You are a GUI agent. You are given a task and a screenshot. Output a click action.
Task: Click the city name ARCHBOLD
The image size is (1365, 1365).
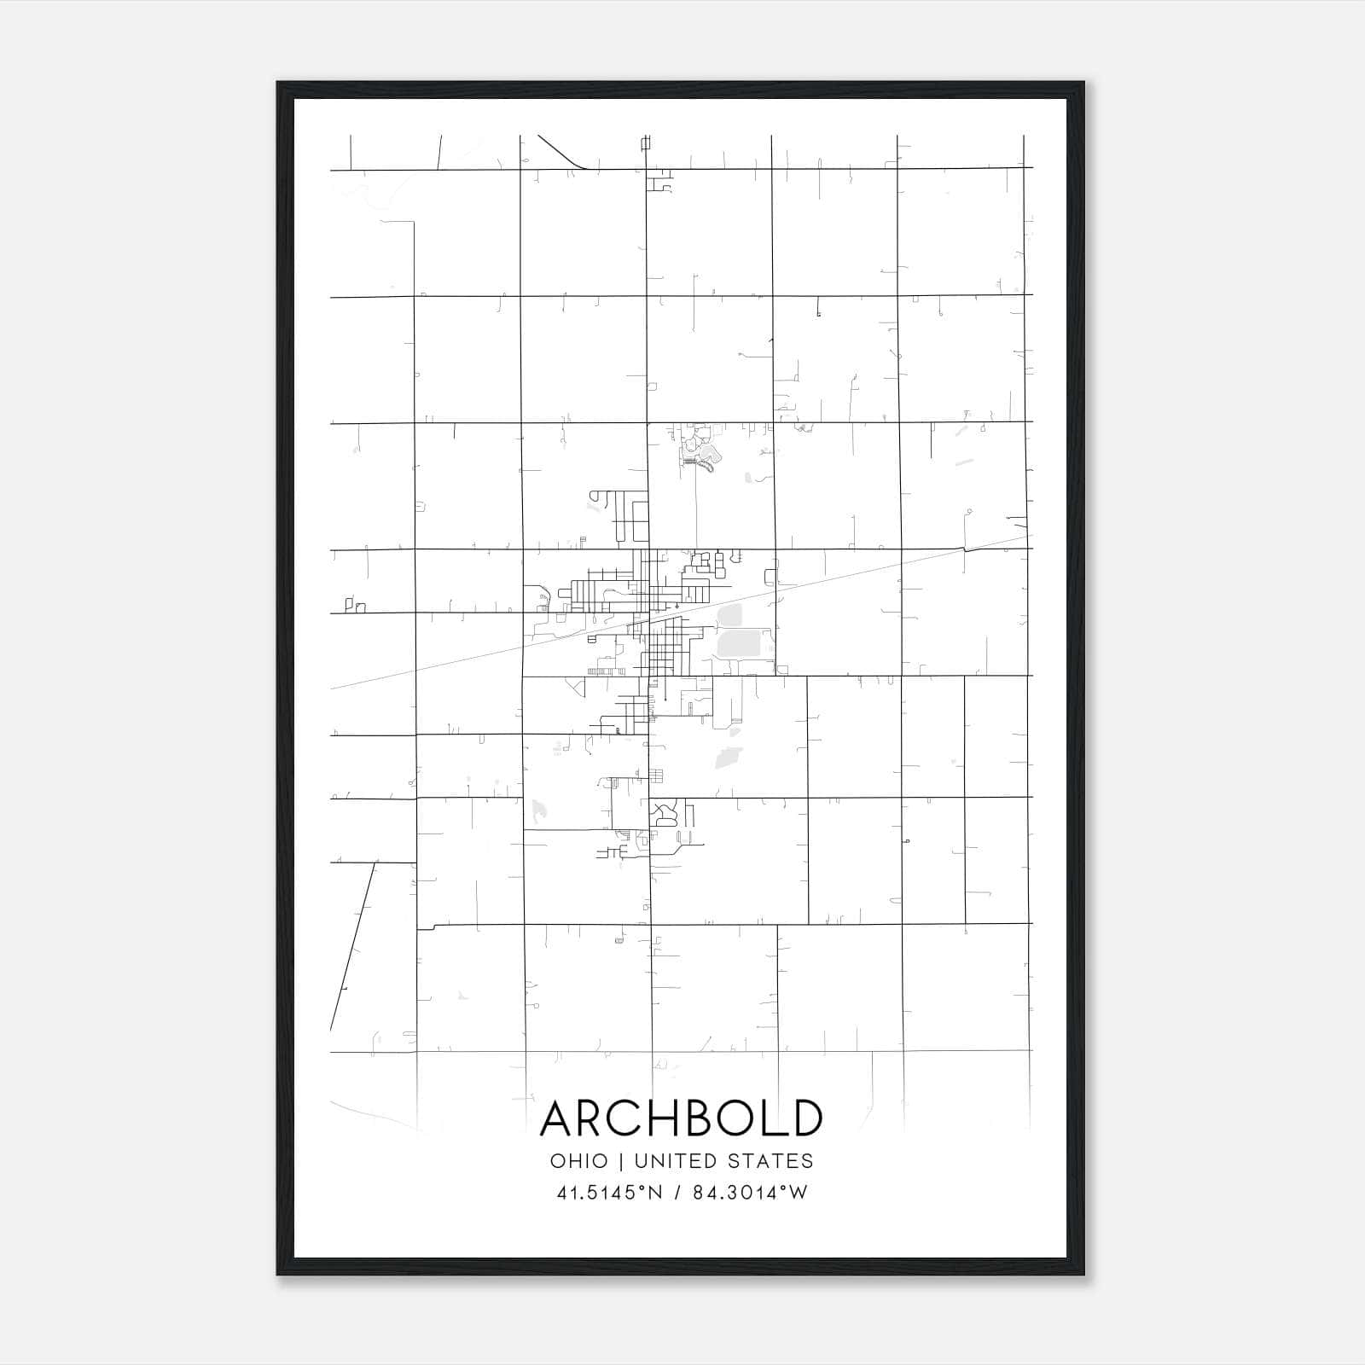click(682, 1118)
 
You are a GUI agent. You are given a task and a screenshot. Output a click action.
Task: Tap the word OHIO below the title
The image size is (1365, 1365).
click(579, 1161)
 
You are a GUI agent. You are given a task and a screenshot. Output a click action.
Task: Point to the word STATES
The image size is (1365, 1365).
click(771, 1161)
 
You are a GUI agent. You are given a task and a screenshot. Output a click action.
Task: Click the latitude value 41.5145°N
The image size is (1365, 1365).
click(609, 1193)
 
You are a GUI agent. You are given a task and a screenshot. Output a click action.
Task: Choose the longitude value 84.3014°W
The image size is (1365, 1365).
click(750, 1193)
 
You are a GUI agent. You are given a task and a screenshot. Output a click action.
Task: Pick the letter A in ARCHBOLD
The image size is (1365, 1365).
click(560, 1118)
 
